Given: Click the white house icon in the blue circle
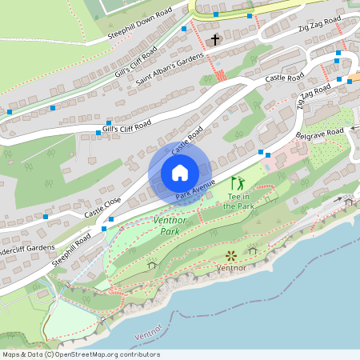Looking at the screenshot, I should pyautogui.click(x=180, y=172).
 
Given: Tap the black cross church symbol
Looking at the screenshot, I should pyautogui.click(x=214, y=39).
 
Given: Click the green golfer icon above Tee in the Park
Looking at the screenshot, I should pyautogui.click(x=237, y=183).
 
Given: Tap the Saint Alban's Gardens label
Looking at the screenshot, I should pyautogui.click(x=170, y=70).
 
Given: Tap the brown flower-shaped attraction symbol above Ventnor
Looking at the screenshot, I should pyautogui.click(x=231, y=256).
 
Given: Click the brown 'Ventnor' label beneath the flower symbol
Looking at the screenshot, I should pyautogui.click(x=231, y=269).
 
